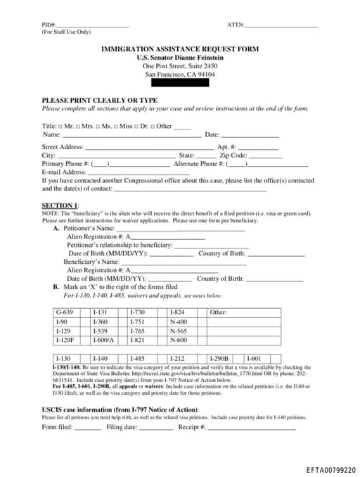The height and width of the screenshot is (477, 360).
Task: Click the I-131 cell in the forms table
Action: [x=100, y=312]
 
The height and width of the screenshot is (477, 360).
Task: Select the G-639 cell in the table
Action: [x=64, y=312]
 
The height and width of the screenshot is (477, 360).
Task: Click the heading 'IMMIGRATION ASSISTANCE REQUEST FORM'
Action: [x=180, y=49]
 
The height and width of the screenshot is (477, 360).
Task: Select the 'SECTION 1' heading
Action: [x=60, y=205]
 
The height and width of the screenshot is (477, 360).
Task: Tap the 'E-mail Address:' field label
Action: [x=64, y=172]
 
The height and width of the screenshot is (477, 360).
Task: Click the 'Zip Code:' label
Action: [x=233, y=155]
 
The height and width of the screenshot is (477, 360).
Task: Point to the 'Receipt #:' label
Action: [x=191, y=426]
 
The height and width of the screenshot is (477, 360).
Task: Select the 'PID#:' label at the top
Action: [x=49, y=25]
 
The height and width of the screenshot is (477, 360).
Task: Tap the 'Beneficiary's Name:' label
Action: [x=91, y=262]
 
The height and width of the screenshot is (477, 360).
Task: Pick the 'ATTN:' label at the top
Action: [x=236, y=25]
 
